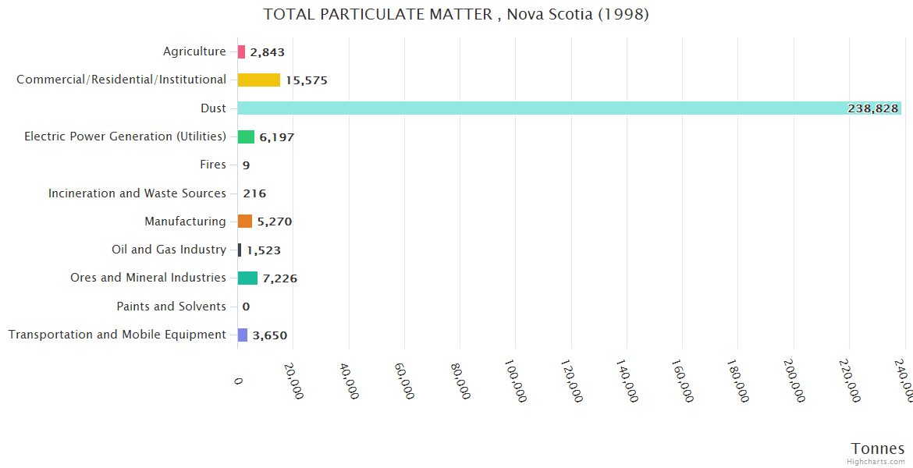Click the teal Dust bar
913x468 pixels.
(546, 108)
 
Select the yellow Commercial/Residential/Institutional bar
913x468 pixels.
(258, 80)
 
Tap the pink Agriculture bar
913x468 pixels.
(241, 52)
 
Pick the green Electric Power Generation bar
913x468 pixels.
(246, 136)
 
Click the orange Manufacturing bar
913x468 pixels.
(244, 222)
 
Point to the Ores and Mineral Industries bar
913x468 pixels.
(247, 278)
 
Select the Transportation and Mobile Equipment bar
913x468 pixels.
(243, 335)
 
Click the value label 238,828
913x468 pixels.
(872, 108)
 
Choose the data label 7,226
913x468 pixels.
(280, 278)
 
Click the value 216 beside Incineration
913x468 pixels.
(254, 193)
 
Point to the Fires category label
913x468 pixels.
(213, 165)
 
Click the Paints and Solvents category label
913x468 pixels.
(171, 307)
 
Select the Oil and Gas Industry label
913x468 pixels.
(169, 250)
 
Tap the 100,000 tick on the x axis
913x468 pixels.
(516, 381)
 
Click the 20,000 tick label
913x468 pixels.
(293, 381)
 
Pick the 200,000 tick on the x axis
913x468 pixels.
(794, 381)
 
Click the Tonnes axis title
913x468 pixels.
(878, 448)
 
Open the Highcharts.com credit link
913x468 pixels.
(877, 462)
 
